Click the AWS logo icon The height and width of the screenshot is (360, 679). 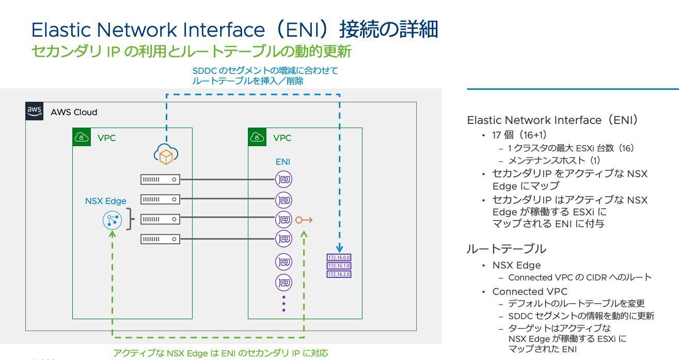click(x=34, y=111)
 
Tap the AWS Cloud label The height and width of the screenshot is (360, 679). click(x=74, y=112)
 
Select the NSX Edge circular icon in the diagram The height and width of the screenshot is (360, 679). click(x=112, y=221)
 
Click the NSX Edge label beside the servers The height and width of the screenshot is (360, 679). click(x=105, y=201)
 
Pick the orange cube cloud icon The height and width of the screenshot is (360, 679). click(x=166, y=155)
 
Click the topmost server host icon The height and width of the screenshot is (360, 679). click(x=160, y=179)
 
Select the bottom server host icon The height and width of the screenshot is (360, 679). click(x=160, y=239)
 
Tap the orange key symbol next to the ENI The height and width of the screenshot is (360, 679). click(x=304, y=220)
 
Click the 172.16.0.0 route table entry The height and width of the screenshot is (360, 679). click(x=339, y=257)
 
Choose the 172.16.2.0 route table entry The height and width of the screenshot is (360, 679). click(x=339, y=274)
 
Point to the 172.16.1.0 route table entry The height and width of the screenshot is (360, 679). click(x=339, y=265)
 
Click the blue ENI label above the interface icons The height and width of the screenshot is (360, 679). click(x=282, y=162)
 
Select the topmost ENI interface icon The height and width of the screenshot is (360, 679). click(x=283, y=179)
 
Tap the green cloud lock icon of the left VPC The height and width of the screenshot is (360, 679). click(x=82, y=137)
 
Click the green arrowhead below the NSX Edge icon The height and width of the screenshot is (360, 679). click(x=112, y=234)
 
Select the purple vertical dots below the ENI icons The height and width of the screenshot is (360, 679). click(x=283, y=304)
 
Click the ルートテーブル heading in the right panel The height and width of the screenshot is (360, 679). click(x=499, y=249)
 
